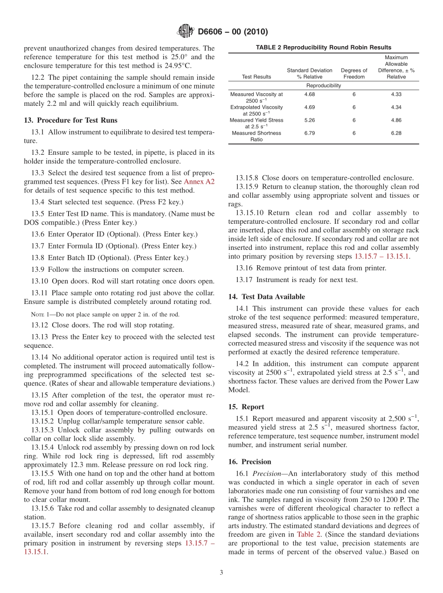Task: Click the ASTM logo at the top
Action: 186,32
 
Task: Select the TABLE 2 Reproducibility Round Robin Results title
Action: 323,47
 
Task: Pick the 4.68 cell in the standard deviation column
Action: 309,94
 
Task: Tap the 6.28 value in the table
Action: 396,133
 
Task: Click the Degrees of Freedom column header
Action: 354,74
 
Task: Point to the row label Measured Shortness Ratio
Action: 256,136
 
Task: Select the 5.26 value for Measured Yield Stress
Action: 309,120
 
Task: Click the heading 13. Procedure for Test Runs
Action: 70,120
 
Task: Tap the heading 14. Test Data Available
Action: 266,296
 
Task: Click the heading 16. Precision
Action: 249,462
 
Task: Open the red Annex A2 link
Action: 199,181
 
